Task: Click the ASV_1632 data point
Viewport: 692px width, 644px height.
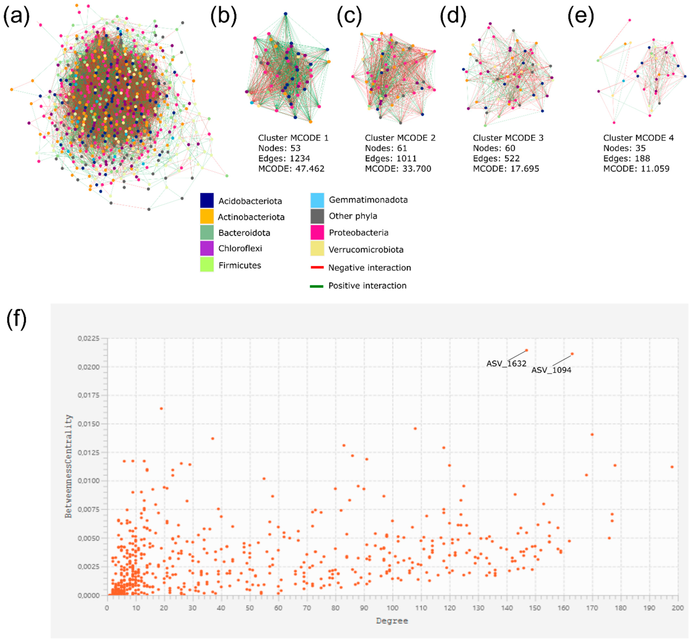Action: (x=526, y=350)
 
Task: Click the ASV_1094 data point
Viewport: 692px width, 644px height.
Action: (x=572, y=354)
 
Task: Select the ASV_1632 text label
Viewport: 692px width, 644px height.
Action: (x=506, y=364)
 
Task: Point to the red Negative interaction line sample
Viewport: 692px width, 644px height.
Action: (x=317, y=267)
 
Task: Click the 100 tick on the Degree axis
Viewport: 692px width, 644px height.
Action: (x=393, y=608)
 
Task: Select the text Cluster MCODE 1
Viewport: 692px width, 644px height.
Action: (x=293, y=138)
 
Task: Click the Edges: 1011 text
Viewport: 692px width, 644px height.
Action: (x=391, y=158)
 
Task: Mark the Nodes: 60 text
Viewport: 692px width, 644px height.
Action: (x=494, y=148)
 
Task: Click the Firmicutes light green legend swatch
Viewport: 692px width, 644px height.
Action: (x=207, y=265)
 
